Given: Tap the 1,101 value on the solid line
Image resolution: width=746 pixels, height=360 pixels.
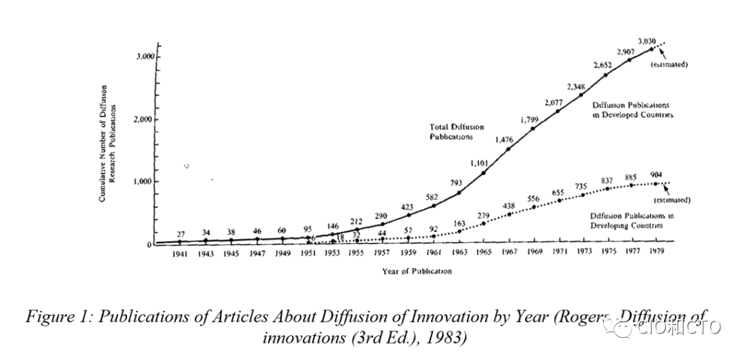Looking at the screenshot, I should tap(479, 163).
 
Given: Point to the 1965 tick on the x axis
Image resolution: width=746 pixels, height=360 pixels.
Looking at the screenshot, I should tap(484, 253).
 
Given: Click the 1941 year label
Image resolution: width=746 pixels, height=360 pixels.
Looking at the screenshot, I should tap(180, 253).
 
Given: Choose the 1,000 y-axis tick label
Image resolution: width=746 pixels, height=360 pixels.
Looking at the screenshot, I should tap(143, 182).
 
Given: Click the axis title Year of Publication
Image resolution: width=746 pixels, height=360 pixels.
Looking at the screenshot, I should tap(417, 271).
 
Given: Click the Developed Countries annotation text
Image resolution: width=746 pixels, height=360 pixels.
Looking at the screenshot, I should tap(631, 110).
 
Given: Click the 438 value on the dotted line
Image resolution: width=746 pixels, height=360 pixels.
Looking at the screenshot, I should tap(509, 205).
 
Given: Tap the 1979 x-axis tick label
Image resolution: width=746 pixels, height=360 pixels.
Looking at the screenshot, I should tap(656, 253).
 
